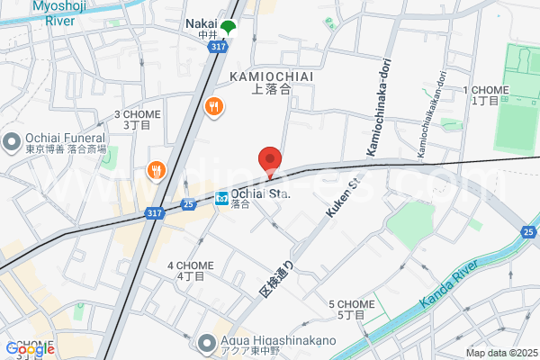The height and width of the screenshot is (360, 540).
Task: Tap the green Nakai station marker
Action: pyautogui.click(x=229, y=28)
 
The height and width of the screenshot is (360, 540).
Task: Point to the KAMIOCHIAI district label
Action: pyautogui.click(x=271, y=76)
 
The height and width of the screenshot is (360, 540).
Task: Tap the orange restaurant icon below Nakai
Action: pyautogui.click(x=213, y=106)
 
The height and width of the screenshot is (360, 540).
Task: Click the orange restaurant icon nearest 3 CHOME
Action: pyautogui.click(x=156, y=169)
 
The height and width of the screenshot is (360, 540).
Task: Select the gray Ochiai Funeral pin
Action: pyautogui.click(x=13, y=141)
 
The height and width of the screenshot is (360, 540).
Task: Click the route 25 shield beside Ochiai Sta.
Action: pyautogui.click(x=187, y=204)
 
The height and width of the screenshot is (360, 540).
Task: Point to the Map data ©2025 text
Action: pyautogui.click(x=500, y=353)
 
